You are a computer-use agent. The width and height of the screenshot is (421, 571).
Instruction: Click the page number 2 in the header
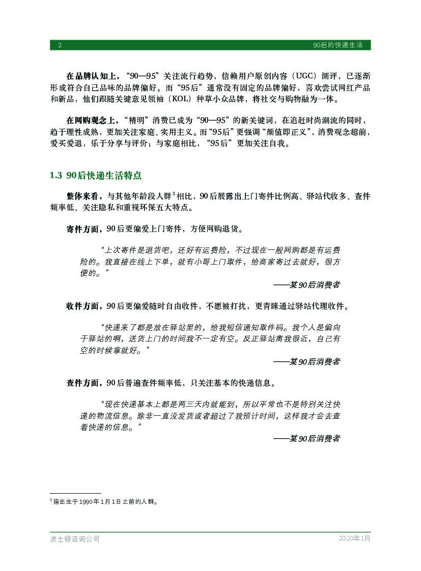tap(60, 45)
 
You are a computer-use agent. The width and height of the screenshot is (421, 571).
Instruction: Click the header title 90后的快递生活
tap(338, 45)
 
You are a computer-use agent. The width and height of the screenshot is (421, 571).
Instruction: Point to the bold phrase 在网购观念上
tap(91, 121)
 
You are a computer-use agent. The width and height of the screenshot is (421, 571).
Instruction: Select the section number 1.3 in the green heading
tap(56, 176)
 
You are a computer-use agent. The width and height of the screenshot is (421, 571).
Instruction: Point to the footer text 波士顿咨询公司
tap(71, 538)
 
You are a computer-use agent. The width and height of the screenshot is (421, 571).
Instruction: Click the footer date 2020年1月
tap(354, 538)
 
